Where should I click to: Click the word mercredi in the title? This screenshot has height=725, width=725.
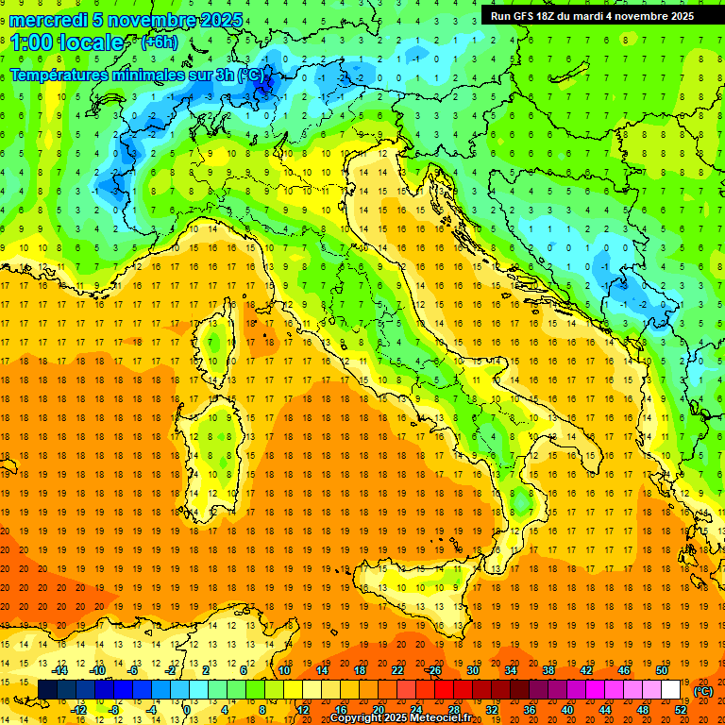point(49,20)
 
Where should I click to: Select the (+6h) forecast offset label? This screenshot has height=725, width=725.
point(158,42)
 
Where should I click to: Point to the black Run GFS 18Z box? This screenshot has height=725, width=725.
point(592,15)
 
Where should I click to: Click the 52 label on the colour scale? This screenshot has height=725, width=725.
point(681,709)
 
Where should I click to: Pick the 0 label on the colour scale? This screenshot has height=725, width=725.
point(186,709)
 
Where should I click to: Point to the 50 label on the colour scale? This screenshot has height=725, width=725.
point(661,669)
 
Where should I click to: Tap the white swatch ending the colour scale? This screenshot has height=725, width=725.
point(670,689)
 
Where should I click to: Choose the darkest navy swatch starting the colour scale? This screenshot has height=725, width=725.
point(47,689)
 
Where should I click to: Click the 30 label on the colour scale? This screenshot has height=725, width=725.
point(473,669)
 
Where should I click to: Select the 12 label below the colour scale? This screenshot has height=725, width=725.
point(303,709)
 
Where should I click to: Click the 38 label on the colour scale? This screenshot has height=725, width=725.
point(548,669)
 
